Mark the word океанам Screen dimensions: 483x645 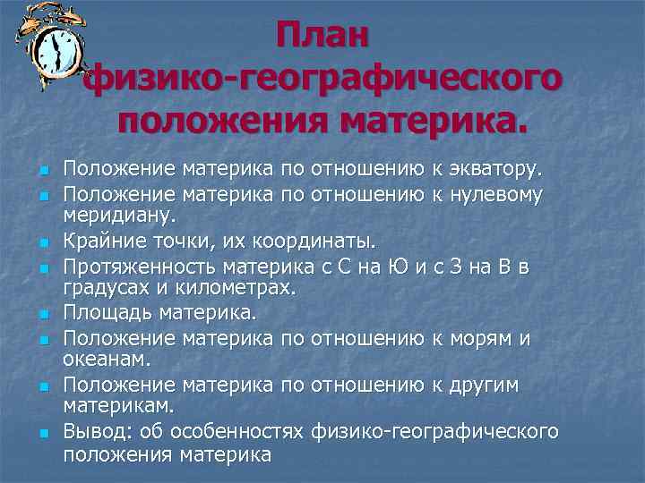click(x=100, y=360)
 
